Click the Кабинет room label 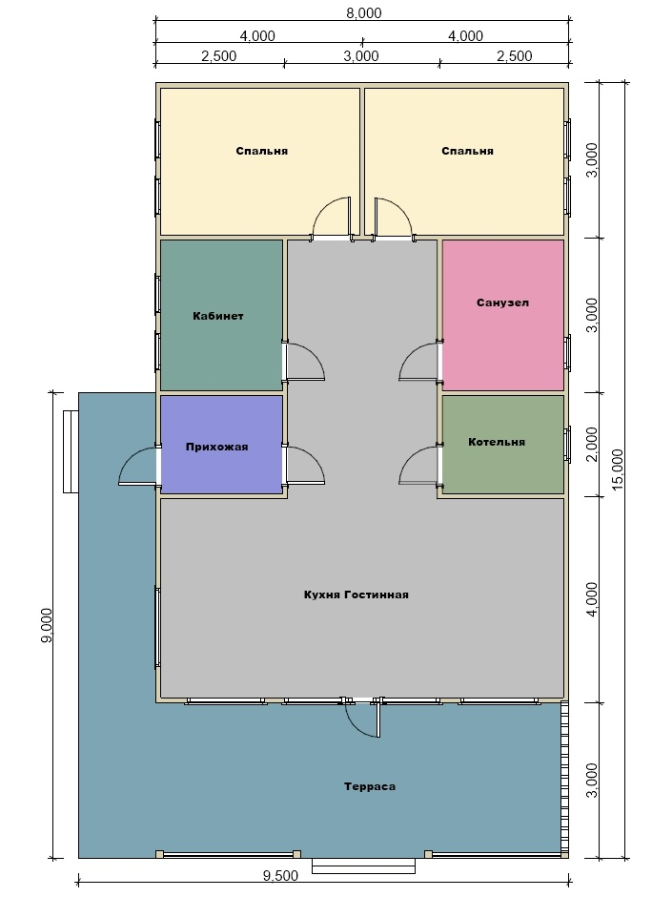(218, 316)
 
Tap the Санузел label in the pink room (503, 302)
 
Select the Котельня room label (497, 442)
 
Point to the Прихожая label (217, 447)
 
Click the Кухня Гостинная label (356, 595)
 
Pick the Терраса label (370, 786)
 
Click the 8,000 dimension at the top (364, 13)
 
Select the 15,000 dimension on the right (618, 469)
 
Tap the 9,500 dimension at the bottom (280, 876)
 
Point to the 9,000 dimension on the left (47, 625)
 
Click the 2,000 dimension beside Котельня (592, 444)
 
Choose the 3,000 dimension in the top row (361, 56)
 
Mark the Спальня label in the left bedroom (262, 151)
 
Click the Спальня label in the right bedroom (467, 151)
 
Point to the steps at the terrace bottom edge (364, 866)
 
